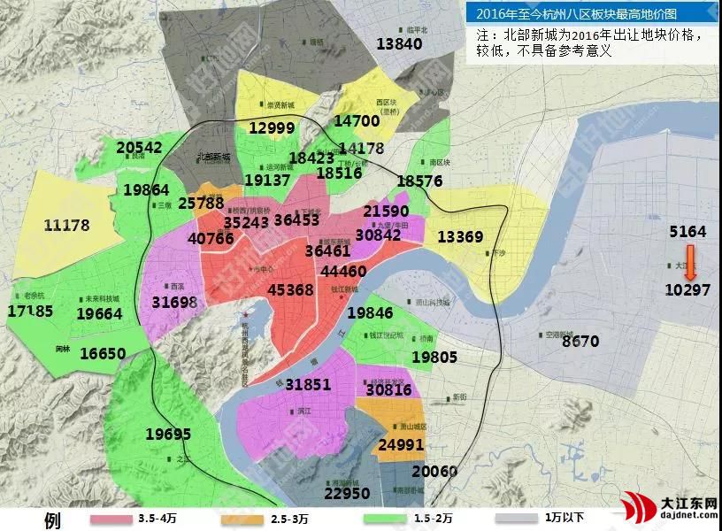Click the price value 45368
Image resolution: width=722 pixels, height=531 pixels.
pyautogui.click(x=290, y=290)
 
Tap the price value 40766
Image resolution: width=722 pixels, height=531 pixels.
pyautogui.click(x=211, y=238)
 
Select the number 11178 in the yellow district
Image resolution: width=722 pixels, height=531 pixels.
pyautogui.click(x=66, y=226)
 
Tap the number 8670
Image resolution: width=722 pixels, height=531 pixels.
pyautogui.click(x=580, y=341)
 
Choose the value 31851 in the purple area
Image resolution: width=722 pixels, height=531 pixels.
pyautogui.click(x=308, y=384)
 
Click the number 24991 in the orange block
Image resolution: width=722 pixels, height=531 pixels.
pyautogui.click(x=401, y=445)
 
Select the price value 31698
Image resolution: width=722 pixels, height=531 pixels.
pyautogui.click(x=174, y=303)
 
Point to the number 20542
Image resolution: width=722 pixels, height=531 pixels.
pyautogui.click(x=139, y=148)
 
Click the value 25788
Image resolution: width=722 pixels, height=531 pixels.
pyautogui.click(x=200, y=203)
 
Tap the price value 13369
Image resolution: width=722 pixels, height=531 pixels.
pyautogui.click(x=460, y=236)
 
